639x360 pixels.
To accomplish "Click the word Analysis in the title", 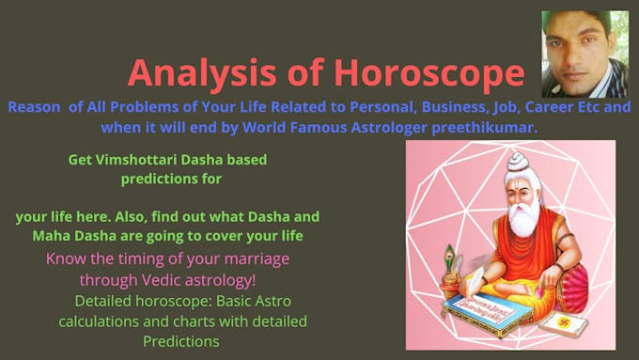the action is point(202,74).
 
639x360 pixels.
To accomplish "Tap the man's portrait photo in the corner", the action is point(584,55).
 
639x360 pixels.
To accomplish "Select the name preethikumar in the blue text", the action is point(485,128).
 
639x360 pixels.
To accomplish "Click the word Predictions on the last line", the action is point(181,341).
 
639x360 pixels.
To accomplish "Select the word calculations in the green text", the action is point(99,321).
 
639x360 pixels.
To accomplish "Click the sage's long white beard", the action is point(523,218).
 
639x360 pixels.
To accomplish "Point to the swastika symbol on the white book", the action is point(564,322).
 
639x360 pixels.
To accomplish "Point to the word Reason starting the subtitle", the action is point(34,107).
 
